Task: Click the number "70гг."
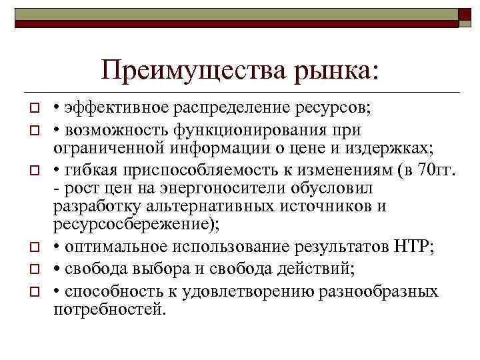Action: point(435,172)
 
